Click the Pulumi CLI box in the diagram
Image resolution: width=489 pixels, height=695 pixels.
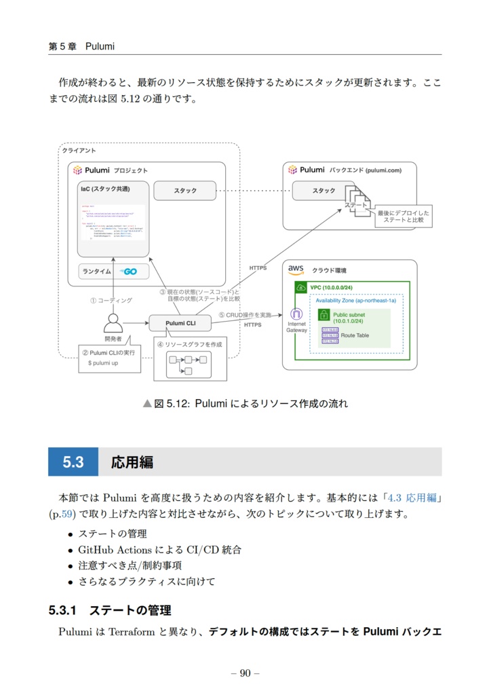(180, 323)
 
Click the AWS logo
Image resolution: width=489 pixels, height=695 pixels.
(296, 269)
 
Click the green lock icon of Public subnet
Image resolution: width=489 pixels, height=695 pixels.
(324, 315)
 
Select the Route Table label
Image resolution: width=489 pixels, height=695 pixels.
(355, 335)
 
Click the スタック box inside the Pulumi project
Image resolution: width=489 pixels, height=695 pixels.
(184, 191)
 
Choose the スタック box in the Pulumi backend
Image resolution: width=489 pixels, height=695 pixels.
(324, 191)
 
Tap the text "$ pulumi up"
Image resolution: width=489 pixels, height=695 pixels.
(103, 363)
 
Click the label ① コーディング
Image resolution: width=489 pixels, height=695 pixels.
(111, 300)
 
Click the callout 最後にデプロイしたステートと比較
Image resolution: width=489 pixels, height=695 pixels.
(403, 217)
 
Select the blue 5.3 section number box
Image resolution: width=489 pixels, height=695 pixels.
(73, 462)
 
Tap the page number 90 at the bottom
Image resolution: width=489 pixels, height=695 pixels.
(245, 673)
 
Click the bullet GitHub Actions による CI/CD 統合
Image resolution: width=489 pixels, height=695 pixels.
(159, 550)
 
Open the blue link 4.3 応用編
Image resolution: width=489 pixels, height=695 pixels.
(411, 497)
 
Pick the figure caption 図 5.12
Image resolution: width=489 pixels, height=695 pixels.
(245, 404)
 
